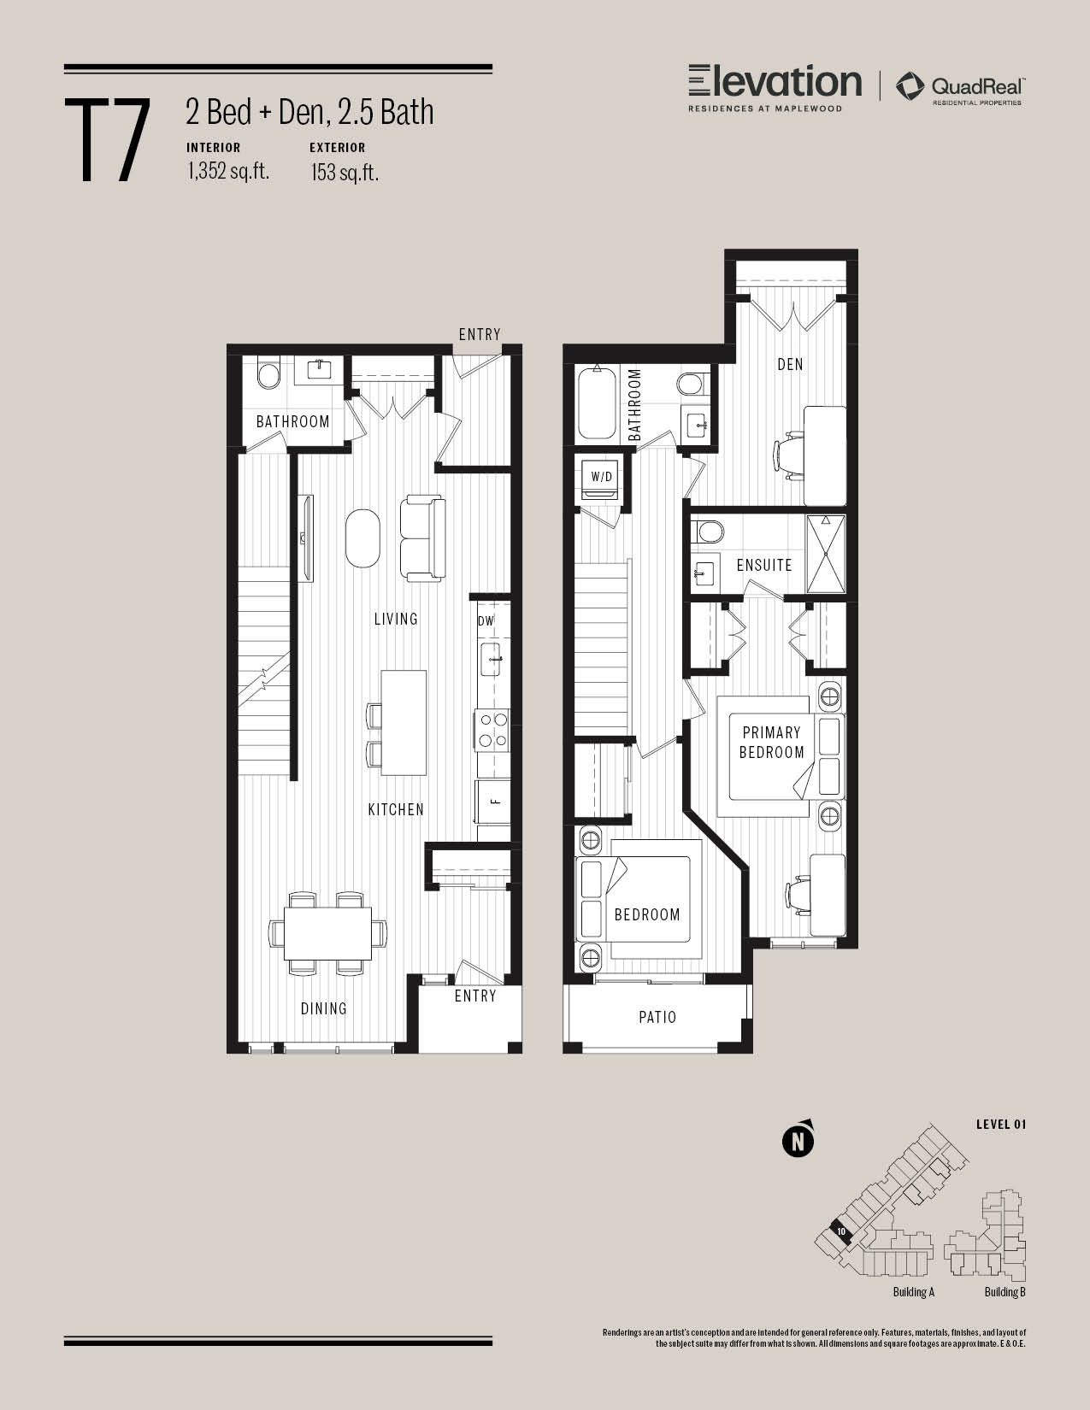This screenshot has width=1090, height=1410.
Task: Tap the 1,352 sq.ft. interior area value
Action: point(228,171)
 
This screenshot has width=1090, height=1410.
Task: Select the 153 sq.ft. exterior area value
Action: point(344,172)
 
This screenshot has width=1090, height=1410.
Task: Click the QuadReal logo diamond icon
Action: point(910,86)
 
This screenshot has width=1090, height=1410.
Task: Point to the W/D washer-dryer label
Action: point(601,477)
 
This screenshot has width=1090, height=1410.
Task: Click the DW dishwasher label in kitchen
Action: point(486,621)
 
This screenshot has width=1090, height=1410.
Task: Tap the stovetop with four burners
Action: point(492,730)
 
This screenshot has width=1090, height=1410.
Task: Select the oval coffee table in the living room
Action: point(362,538)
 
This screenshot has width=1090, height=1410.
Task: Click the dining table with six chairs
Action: point(327,933)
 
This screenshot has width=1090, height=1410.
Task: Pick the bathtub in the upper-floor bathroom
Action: point(597,403)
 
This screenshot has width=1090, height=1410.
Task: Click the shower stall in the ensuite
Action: point(826,554)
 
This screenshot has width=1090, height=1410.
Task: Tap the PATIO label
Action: point(657,1017)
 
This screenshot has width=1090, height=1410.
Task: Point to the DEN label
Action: point(790,364)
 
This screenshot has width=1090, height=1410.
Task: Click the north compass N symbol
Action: point(798,1141)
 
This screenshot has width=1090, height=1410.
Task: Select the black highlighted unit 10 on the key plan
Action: point(840,1231)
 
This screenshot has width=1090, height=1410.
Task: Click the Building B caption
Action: point(1005,1291)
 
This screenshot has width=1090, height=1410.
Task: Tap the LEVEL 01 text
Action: point(1001,1125)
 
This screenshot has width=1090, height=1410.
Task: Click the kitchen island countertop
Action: point(404,723)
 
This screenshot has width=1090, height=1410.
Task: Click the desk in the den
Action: point(825,455)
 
